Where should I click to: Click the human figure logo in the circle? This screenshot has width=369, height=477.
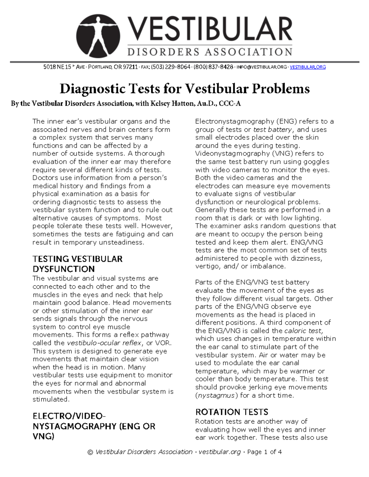point(98,36)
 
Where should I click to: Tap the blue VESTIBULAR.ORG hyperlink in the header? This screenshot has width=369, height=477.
point(307,67)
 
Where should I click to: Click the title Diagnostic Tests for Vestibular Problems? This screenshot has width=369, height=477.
point(184,89)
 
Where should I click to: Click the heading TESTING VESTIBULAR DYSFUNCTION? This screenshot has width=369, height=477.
point(77,264)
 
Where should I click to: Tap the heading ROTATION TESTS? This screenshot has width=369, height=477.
point(232,412)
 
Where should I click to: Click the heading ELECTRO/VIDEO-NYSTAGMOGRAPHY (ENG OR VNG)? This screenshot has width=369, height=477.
point(94,426)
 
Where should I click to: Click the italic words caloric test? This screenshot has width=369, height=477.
point(304,331)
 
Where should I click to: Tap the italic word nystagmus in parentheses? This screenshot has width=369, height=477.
point(216,395)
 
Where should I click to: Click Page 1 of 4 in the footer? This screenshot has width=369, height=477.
point(264,452)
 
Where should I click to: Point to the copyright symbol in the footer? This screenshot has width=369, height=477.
point(90,452)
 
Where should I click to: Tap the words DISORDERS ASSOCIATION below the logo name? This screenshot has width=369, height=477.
point(210,52)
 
